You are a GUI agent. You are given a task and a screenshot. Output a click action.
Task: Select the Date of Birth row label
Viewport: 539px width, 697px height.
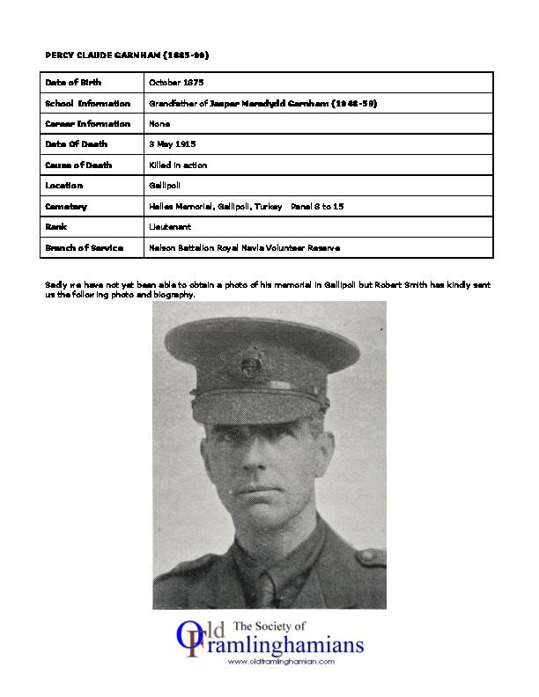[x=73, y=82]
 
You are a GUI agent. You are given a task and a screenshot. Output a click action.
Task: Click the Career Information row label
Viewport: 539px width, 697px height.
[x=87, y=123]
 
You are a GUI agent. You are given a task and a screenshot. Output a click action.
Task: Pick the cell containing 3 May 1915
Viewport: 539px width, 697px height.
[x=172, y=144]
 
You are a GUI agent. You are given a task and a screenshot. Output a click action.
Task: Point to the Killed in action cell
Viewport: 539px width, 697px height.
[x=179, y=165]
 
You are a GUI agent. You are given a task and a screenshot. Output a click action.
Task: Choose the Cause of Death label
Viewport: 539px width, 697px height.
[x=78, y=165]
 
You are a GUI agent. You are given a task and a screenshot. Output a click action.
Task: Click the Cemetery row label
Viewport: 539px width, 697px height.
[x=66, y=206]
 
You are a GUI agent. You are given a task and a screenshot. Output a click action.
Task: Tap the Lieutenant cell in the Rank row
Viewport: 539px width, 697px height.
[x=170, y=226]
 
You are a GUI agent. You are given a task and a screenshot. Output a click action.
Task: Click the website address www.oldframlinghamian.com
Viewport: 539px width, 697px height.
[x=283, y=661]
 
